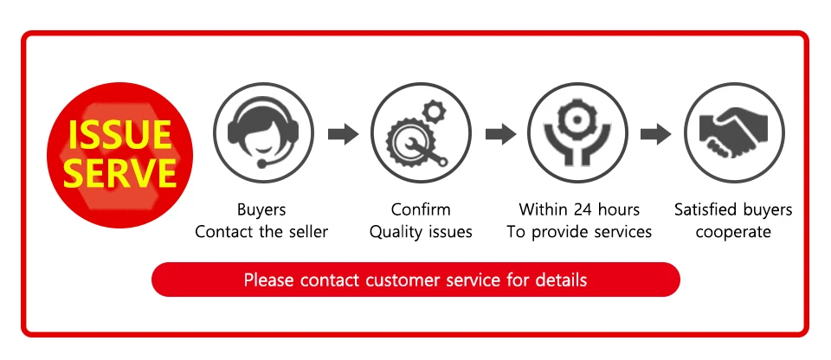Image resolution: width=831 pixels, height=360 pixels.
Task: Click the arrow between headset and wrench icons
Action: [x=342, y=134]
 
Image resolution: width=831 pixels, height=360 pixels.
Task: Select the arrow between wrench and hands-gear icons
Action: [x=499, y=134]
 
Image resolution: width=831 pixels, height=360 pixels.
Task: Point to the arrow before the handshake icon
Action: [x=655, y=134]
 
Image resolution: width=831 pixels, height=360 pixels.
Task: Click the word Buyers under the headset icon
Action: [x=261, y=210]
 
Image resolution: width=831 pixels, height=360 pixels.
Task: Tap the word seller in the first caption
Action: [x=306, y=232]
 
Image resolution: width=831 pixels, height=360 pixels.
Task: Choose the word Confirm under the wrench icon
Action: [x=421, y=210]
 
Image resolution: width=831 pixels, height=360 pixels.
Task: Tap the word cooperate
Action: [x=733, y=232]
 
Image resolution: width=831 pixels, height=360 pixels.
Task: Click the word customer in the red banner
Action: [x=407, y=280]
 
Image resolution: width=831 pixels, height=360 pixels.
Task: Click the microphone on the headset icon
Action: [x=261, y=161]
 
